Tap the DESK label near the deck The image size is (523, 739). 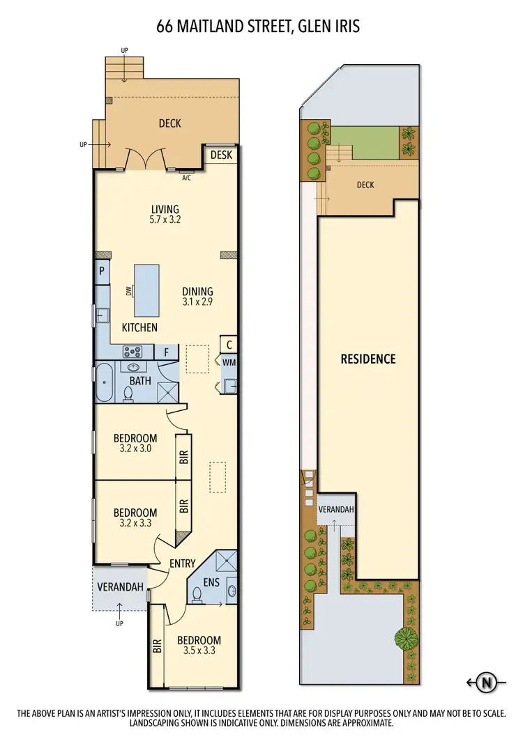[x=220, y=155]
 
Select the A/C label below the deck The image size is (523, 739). [x=186, y=178]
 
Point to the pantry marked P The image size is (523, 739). [x=101, y=272]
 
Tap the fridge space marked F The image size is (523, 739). [x=166, y=352]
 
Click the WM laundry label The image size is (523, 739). [x=229, y=361]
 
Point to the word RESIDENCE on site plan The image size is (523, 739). [x=367, y=359]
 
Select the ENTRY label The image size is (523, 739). [x=182, y=563]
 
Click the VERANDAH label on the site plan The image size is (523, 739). [x=335, y=509]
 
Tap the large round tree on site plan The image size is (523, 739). [x=406, y=637]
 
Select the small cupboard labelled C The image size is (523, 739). [x=228, y=344]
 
